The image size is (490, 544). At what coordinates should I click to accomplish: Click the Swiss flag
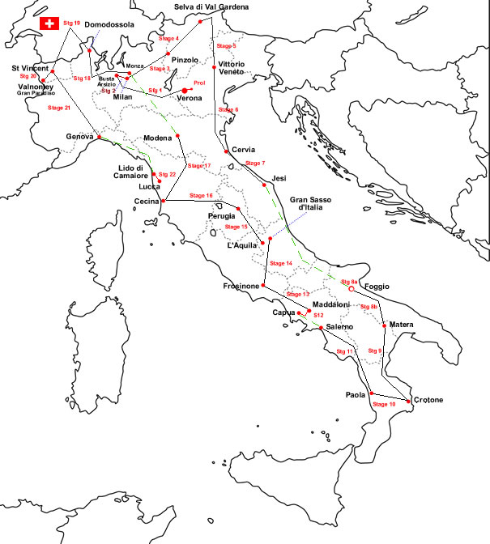50,23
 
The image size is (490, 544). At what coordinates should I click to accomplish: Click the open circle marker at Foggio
352,288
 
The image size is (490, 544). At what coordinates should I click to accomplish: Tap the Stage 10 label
383,402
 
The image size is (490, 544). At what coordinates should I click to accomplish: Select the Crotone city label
428,400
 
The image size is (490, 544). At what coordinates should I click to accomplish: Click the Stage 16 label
201,196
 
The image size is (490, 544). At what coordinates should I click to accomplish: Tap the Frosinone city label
241,287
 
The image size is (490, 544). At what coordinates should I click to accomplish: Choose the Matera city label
402,325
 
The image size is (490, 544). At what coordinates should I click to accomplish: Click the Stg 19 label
71,23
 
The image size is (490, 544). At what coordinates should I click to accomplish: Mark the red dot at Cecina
164,200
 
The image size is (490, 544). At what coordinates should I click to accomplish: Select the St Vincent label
30,68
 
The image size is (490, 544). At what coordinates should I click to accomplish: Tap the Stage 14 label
280,263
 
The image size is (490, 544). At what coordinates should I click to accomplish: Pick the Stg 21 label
59,108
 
